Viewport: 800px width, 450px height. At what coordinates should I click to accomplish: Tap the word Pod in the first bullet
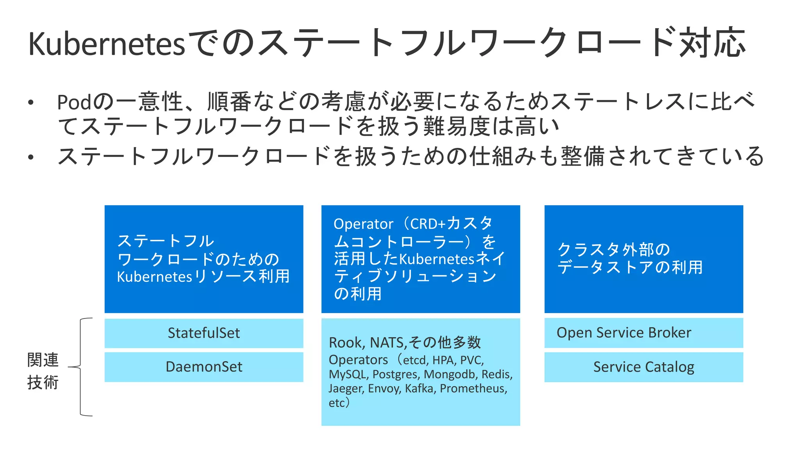click(x=75, y=102)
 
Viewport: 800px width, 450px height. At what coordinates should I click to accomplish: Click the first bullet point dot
click(x=31, y=103)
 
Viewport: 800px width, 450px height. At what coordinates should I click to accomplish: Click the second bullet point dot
click(x=31, y=157)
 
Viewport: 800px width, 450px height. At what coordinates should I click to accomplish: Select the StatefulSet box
click(x=204, y=333)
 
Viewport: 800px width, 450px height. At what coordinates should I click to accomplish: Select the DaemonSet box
click(x=204, y=367)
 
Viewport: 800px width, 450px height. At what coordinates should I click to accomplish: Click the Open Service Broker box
click(x=644, y=333)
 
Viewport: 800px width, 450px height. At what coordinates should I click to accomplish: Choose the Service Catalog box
click(x=644, y=367)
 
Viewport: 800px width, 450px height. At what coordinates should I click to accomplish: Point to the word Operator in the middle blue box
click(x=363, y=224)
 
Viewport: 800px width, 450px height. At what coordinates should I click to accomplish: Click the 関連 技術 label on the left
click(x=43, y=371)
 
